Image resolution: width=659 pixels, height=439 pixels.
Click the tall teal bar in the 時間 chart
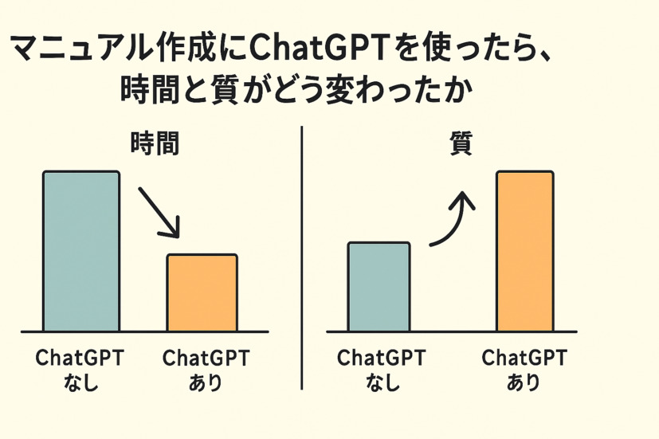coord(81,251)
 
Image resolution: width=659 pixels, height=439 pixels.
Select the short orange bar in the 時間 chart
coord(202,293)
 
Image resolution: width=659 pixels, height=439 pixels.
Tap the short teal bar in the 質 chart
coord(379,287)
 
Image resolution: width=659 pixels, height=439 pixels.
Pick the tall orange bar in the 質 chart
coord(525,251)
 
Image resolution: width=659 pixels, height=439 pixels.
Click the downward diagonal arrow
coord(159,213)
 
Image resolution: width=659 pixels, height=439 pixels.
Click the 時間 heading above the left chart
coord(155,143)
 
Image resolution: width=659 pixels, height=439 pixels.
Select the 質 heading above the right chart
coord(461,143)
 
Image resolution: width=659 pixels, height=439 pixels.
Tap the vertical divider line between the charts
coord(302,258)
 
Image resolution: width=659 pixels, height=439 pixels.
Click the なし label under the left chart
coord(80,382)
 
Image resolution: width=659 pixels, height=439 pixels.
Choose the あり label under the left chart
coord(205,382)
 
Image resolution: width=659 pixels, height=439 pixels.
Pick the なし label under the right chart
coord(382,382)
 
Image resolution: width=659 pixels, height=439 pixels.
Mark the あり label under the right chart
coord(524,382)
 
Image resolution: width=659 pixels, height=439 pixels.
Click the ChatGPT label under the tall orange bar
coord(524,358)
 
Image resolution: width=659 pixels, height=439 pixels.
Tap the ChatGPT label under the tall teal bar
coord(80,358)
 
